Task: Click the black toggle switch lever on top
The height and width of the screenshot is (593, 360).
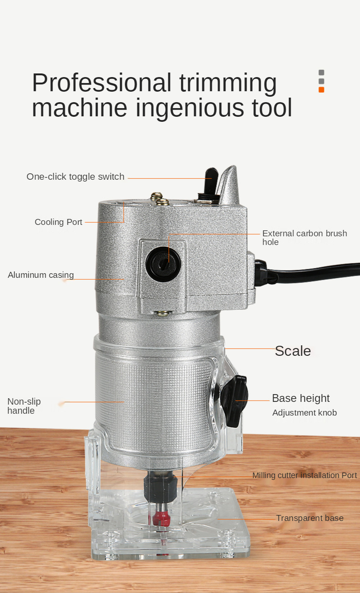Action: pos(211,181)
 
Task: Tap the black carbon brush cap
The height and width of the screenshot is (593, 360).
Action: pos(163,264)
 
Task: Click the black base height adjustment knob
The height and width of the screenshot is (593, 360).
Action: pos(234,401)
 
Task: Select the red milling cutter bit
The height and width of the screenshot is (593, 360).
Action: pos(161,518)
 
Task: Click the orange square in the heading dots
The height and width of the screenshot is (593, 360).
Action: pos(321,90)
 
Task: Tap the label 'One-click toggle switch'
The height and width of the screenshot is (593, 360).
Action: pos(75,177)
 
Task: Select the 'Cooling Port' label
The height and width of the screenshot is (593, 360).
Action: pos(58,222)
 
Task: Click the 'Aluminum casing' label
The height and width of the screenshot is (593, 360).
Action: pos(41,275)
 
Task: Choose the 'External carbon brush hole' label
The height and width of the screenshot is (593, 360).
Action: pos(305,238)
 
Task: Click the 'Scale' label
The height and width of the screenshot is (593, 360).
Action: pos(293,351)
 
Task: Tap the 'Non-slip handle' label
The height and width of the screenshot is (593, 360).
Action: pos(24,406)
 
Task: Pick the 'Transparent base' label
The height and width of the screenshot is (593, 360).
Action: pos(310,518)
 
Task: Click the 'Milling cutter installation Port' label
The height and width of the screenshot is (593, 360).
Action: pos(305,475)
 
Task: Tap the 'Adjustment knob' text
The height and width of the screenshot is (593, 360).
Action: pos(304,413)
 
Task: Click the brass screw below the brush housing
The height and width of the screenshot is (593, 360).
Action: pos(162,314)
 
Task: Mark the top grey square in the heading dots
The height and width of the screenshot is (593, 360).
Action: pos(321,73)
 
